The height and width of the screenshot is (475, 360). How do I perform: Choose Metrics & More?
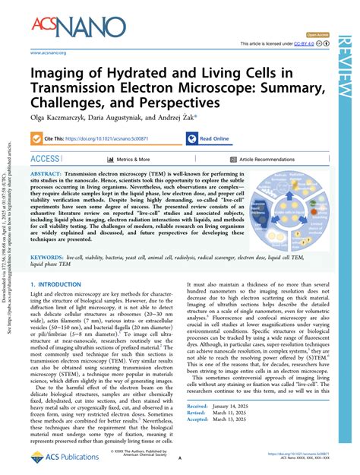(x=133, y=160)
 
